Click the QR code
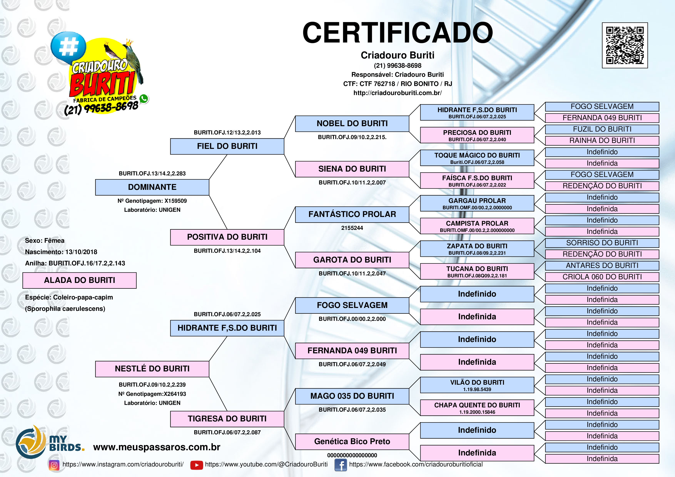click(x=625, y=45)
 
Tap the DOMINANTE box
click(x=152, y=187)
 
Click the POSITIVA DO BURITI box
click(x=227, y=237)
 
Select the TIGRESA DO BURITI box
click(x=227, y=419)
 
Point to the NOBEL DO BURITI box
click(x=352, y=124)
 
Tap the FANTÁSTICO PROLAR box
click(x=352, y=214)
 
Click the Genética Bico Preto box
click(x=352, y=441)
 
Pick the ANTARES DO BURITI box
click(x=602, y=266)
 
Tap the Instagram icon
click(x=54, y=465)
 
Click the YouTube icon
click(x=196, y=465)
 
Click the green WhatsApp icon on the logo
click(x=144, y=99)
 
